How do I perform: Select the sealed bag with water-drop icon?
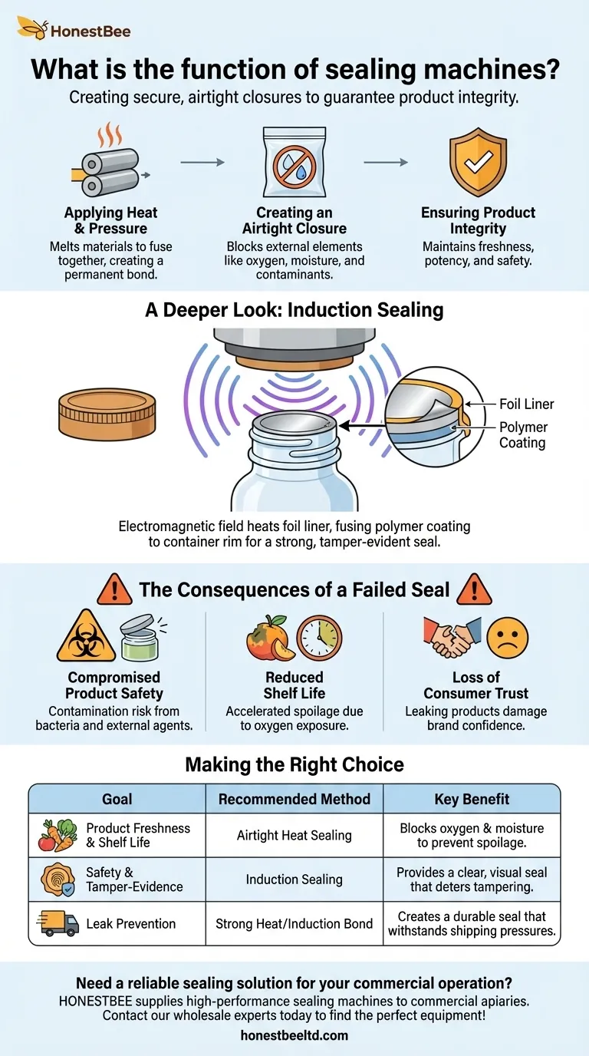click(294, 162)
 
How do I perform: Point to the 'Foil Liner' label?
click(526, 404)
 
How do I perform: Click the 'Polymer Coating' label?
click(523, 435)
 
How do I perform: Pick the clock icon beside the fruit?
click(319, 639)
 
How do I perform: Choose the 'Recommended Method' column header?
click(294, 799)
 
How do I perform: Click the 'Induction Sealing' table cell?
click(294, 879)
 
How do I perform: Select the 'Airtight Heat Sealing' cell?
click(294, 835)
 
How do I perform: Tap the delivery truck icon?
click(58, 923)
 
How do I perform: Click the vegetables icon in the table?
click(58, 835)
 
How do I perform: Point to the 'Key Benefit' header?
click(472, 799)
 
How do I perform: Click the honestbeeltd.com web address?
click(294, 1035)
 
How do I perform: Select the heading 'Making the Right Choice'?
click(294, 764)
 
